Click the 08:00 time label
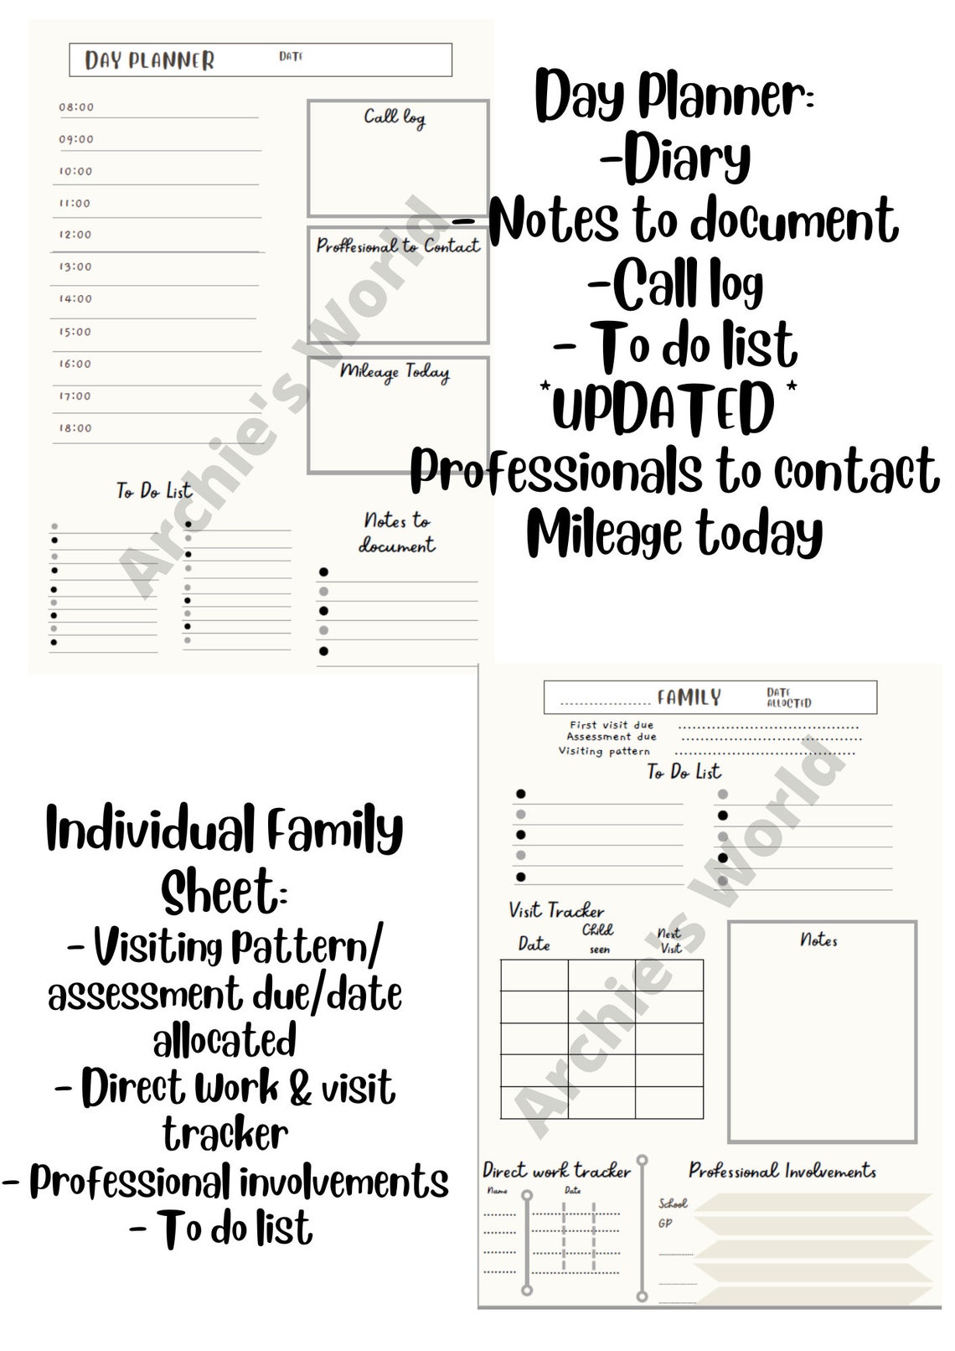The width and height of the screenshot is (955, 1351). [76, 107]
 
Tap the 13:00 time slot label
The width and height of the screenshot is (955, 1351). [75, 267]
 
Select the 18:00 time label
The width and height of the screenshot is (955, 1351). [75, 428]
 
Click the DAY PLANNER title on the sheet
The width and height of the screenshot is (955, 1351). [150, 60]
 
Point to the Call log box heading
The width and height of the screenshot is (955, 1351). [395, 117]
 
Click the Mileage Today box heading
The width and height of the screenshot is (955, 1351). [395, 371]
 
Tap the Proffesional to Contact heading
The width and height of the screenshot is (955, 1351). [398, 246]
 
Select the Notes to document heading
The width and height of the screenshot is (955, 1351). [397, 533]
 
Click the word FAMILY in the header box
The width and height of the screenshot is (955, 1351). [689, 697]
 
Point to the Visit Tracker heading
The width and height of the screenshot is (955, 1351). [556, 910]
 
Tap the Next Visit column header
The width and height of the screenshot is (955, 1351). [670, 940]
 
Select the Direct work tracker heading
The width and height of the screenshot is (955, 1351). [556, 1171]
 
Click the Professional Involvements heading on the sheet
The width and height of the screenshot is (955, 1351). [782, 1171]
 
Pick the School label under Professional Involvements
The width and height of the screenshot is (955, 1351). [673, 1203]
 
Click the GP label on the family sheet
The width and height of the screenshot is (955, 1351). [665, 1224]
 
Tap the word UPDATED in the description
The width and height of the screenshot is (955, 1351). [663, 409]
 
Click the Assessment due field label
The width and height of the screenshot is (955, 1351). [612, 738]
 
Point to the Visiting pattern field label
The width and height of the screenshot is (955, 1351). [604, 751]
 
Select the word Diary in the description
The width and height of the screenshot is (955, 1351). [687, 159]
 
